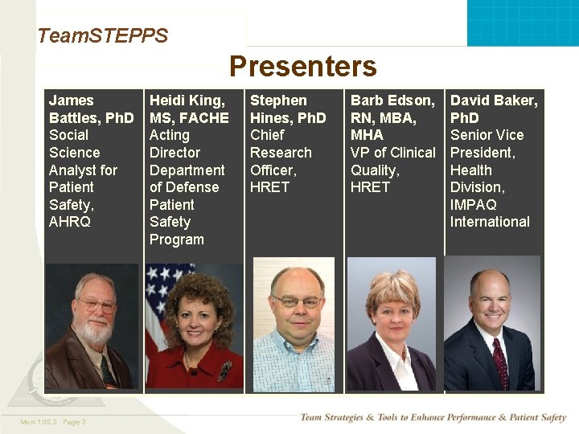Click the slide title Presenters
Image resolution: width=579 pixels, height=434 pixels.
tap(302, 66)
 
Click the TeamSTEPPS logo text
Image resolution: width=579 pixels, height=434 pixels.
tap(103, 35)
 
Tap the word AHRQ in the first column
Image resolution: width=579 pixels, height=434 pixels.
tap(70, 222)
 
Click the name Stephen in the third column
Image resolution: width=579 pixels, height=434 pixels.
tap(278, 100)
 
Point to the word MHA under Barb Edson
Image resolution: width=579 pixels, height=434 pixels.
tap(367, 135)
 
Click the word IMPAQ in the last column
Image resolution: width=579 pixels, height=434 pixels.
tap(474, 205)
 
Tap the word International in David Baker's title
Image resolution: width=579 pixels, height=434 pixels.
tap(490, 222)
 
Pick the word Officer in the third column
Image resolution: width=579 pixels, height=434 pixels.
tap(273, 170)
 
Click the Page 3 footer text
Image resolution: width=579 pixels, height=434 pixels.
tap(73, 422)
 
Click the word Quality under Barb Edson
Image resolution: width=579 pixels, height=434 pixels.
tap(374, 170)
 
